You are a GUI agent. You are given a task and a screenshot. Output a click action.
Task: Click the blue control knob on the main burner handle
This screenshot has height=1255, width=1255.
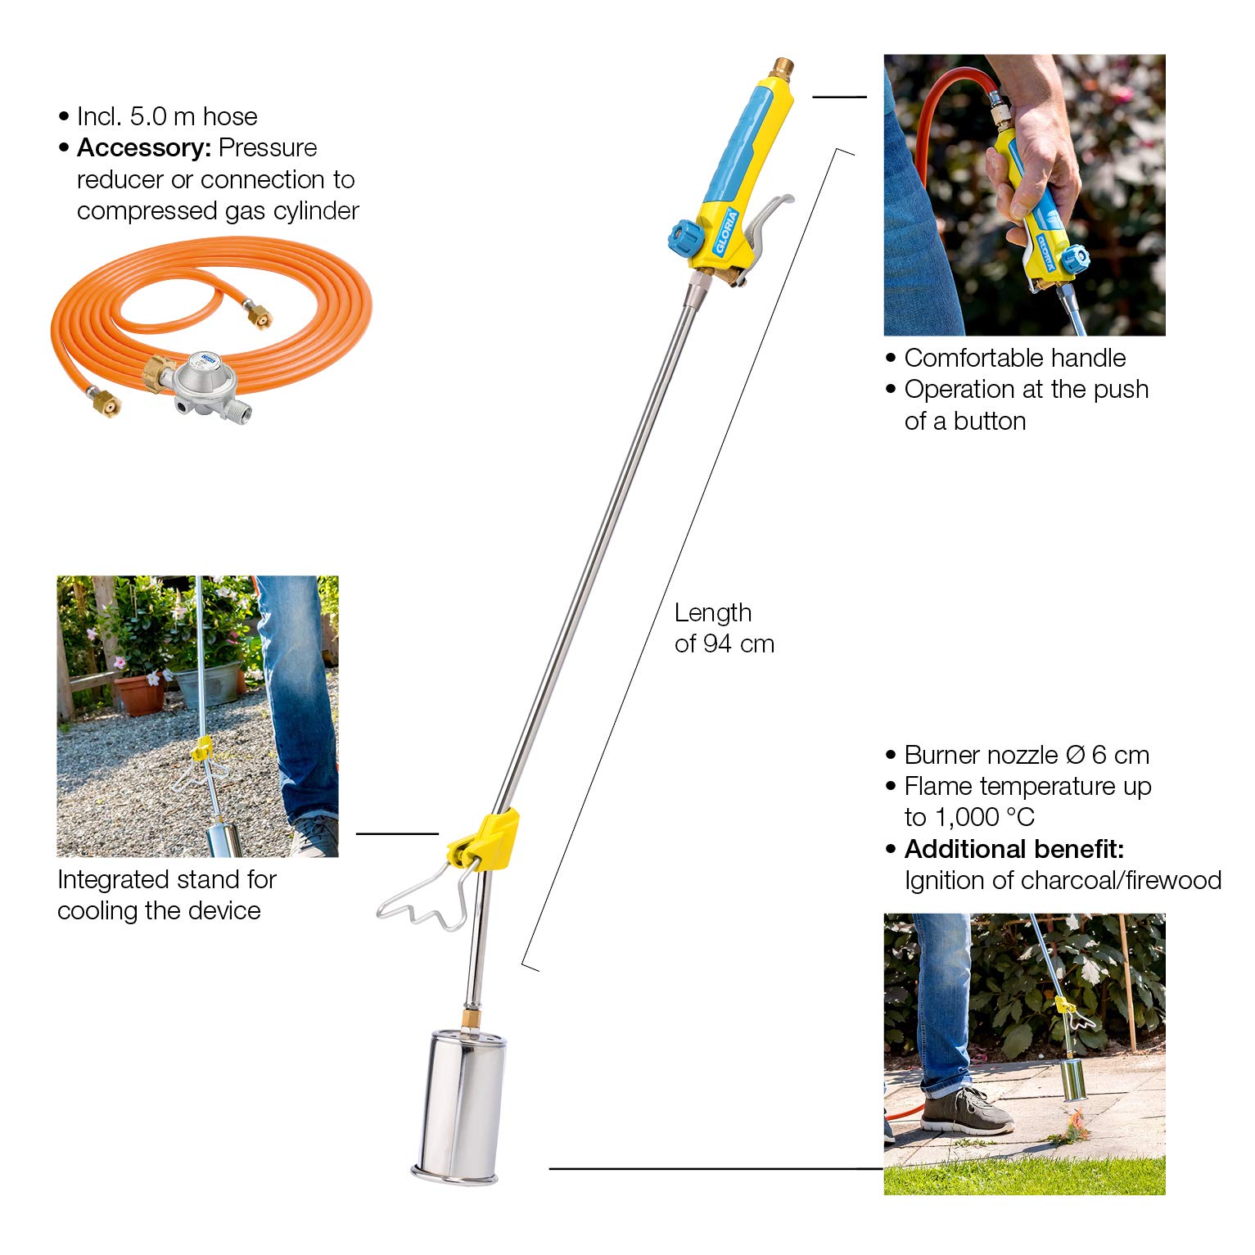coord(681,237)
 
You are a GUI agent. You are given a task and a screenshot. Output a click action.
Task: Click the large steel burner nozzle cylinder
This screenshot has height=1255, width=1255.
coord(458,1101)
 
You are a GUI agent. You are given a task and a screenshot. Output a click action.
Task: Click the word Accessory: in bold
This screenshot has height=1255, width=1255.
coord(144,148)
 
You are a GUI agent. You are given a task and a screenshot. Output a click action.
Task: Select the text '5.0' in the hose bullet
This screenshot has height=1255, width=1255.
coord(148,117)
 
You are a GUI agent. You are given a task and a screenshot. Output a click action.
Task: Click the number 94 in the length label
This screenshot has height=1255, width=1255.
coord(717,644)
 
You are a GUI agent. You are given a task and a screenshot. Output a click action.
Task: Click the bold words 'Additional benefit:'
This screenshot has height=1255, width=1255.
coord(1013,849)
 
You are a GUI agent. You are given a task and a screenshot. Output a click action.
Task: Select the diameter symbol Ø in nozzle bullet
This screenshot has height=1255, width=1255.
coord(1075,755)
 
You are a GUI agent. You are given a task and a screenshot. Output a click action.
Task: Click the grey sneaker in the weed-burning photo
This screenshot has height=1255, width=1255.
coord(966,1112)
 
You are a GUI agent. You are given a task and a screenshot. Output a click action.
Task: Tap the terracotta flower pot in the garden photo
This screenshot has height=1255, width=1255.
coord(139,694)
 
